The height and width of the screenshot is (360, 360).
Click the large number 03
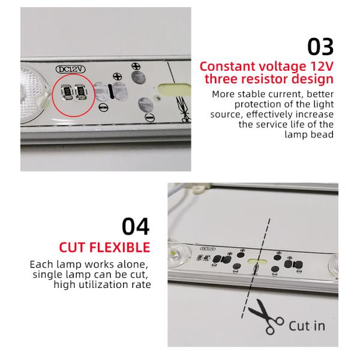point(320,47)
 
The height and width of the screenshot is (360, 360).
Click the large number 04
point(136,226)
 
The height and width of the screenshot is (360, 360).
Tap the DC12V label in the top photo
point(70,70)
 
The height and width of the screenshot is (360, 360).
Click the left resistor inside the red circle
point(67,92)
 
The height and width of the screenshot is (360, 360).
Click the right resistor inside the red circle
point(81,92)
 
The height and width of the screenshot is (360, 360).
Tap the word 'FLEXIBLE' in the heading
point(119,247)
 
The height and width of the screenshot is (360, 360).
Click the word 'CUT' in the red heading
point(73,247)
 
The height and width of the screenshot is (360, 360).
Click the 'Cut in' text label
point(307,326)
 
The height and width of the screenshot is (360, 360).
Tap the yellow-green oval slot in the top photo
point(174,89)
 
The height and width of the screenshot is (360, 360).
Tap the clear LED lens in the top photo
point(32,93)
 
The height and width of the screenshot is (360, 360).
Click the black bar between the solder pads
point(110,91)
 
